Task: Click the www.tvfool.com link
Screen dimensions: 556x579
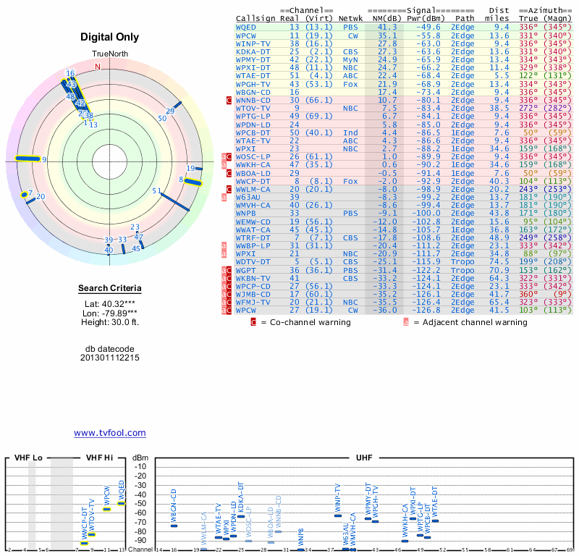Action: pos(109,433)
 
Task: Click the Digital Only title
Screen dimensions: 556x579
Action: pos(109,37)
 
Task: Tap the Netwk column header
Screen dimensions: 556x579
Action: pos(350,18)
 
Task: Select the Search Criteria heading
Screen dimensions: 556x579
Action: pos(109,289)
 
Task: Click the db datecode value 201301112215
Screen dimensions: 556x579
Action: pos(109,358)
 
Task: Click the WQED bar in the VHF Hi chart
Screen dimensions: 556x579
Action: pos(122,503)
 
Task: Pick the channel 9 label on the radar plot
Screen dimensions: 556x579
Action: pos(44,159)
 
